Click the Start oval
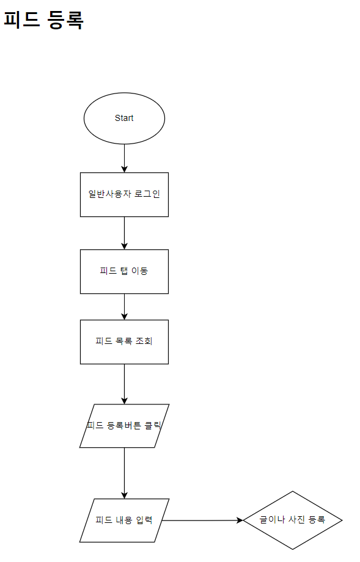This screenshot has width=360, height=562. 124,119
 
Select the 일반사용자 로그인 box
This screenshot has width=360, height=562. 124,195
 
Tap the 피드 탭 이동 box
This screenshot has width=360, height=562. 124,271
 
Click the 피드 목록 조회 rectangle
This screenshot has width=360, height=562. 124,342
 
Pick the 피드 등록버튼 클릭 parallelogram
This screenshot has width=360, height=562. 124,426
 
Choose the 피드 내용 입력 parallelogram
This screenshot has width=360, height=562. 124,520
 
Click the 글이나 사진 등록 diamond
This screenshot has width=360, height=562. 293,520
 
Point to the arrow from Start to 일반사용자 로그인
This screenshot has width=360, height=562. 125,158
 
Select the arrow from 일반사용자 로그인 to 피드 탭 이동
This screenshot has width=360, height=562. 125,233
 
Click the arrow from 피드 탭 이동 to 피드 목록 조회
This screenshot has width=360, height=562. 125,307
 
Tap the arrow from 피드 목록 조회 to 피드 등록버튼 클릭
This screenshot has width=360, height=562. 125,384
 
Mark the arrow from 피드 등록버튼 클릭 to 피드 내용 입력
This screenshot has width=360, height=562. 125,473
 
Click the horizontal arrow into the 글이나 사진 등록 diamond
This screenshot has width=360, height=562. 202,520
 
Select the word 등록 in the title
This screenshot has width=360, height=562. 65,20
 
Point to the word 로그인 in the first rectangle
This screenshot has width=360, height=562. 147,194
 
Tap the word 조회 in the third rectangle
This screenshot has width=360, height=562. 144,341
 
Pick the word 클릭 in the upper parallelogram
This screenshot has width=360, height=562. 153,425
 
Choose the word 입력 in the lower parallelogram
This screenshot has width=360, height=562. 144,520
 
